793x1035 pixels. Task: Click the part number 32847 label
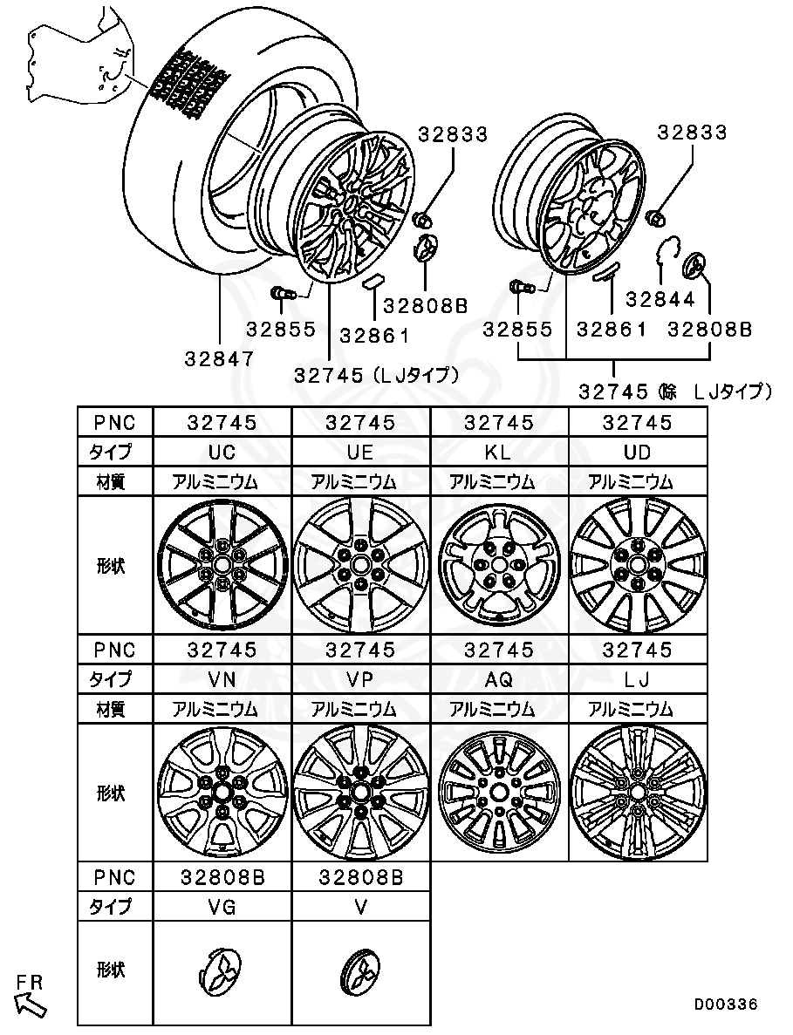click(219, 358)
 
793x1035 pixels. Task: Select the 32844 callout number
click(660, 299)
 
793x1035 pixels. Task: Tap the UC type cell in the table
click(222, 452)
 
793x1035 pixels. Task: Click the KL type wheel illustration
click(499, 565)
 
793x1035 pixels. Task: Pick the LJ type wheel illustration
click(638, 793)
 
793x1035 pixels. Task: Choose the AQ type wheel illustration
click(499, 793)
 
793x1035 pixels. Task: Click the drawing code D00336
click(726, 1004)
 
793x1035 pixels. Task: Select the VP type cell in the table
click(360, 678)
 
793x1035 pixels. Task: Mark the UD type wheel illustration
click(638, 565)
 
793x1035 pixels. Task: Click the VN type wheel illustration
click(222, 793)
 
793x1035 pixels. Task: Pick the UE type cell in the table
click(360, 452)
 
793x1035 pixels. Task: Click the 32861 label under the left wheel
click(374, 334)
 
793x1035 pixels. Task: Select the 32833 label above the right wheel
click(692, 133)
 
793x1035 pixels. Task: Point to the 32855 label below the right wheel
click(518, 330)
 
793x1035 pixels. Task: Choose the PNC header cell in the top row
click(114, 422)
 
